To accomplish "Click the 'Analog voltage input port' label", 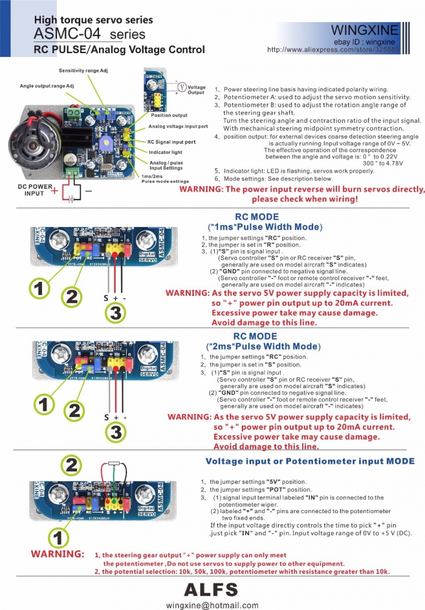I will [x=178, y=127].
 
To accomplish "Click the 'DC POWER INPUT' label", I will [x=35, y=190].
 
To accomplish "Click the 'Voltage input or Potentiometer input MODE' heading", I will [x=309, y=461].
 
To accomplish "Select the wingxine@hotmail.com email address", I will [x=212, y=605].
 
